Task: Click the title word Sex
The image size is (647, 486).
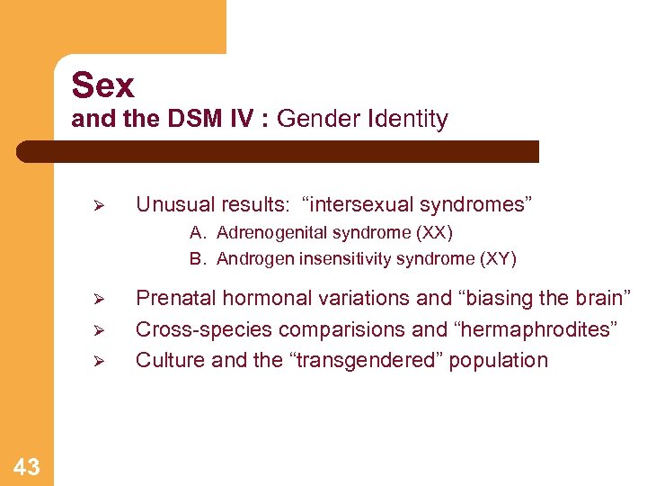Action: coord(102,85)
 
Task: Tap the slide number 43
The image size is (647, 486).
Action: coord(27,466)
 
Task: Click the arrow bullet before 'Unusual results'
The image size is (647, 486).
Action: coord(101,205)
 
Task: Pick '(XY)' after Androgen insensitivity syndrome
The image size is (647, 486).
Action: coord(499,259)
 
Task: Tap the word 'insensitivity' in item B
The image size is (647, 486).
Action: coord(335,259)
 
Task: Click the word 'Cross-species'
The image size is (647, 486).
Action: coord(195,329)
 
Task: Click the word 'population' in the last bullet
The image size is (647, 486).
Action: coord(499,360)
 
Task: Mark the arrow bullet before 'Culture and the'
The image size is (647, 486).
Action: coord(101,361)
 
